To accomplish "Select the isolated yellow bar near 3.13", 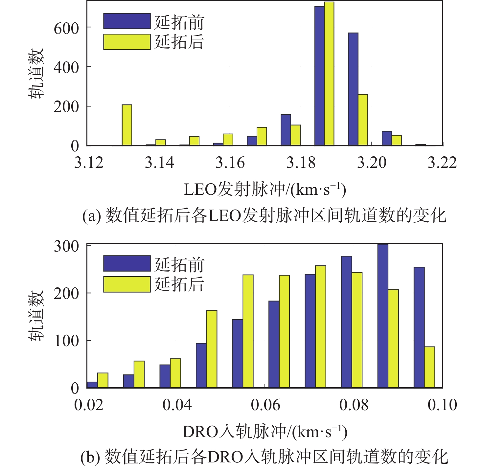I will click(127, 125).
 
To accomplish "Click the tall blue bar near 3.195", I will click(353, 89).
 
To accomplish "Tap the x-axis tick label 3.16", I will click(230, 163).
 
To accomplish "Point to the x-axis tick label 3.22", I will click(442, 163).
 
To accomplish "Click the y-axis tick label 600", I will click(66, 28).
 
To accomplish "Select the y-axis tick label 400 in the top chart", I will click(66, 68).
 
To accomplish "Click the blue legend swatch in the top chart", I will click(127, 21).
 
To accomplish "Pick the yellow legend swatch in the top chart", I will click(127, 42).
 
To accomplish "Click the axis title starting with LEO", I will click(265, 190).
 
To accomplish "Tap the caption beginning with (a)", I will click(264, 216).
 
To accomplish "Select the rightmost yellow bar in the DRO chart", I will click(429, 367).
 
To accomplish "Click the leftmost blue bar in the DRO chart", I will click(92, 385).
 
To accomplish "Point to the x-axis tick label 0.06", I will click(266, 405).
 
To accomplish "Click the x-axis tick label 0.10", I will click(442, 405).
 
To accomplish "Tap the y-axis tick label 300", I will click(66, 246).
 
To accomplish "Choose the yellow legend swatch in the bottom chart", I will click(127, 284).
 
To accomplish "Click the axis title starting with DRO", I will click(265, 432).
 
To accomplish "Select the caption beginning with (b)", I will click(264, 457).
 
